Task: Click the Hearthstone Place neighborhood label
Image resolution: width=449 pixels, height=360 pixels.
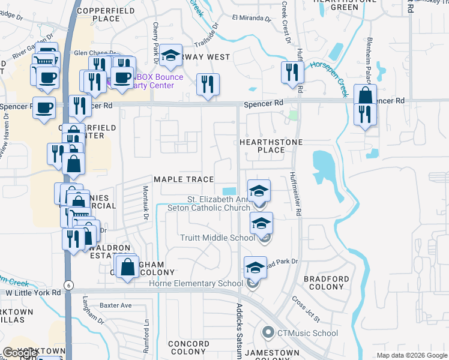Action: coord(270,146)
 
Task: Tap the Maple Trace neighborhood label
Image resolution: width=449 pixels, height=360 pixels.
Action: coord(184,179)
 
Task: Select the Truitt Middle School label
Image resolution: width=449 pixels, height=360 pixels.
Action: coord(218,238)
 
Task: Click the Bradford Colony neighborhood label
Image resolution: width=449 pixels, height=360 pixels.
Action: coord(326,284)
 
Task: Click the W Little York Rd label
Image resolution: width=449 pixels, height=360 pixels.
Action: coord(34,293)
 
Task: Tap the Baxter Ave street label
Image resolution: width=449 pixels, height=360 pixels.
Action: coord(116,305)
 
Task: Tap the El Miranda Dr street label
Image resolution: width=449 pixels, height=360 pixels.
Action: coord(251,17)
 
